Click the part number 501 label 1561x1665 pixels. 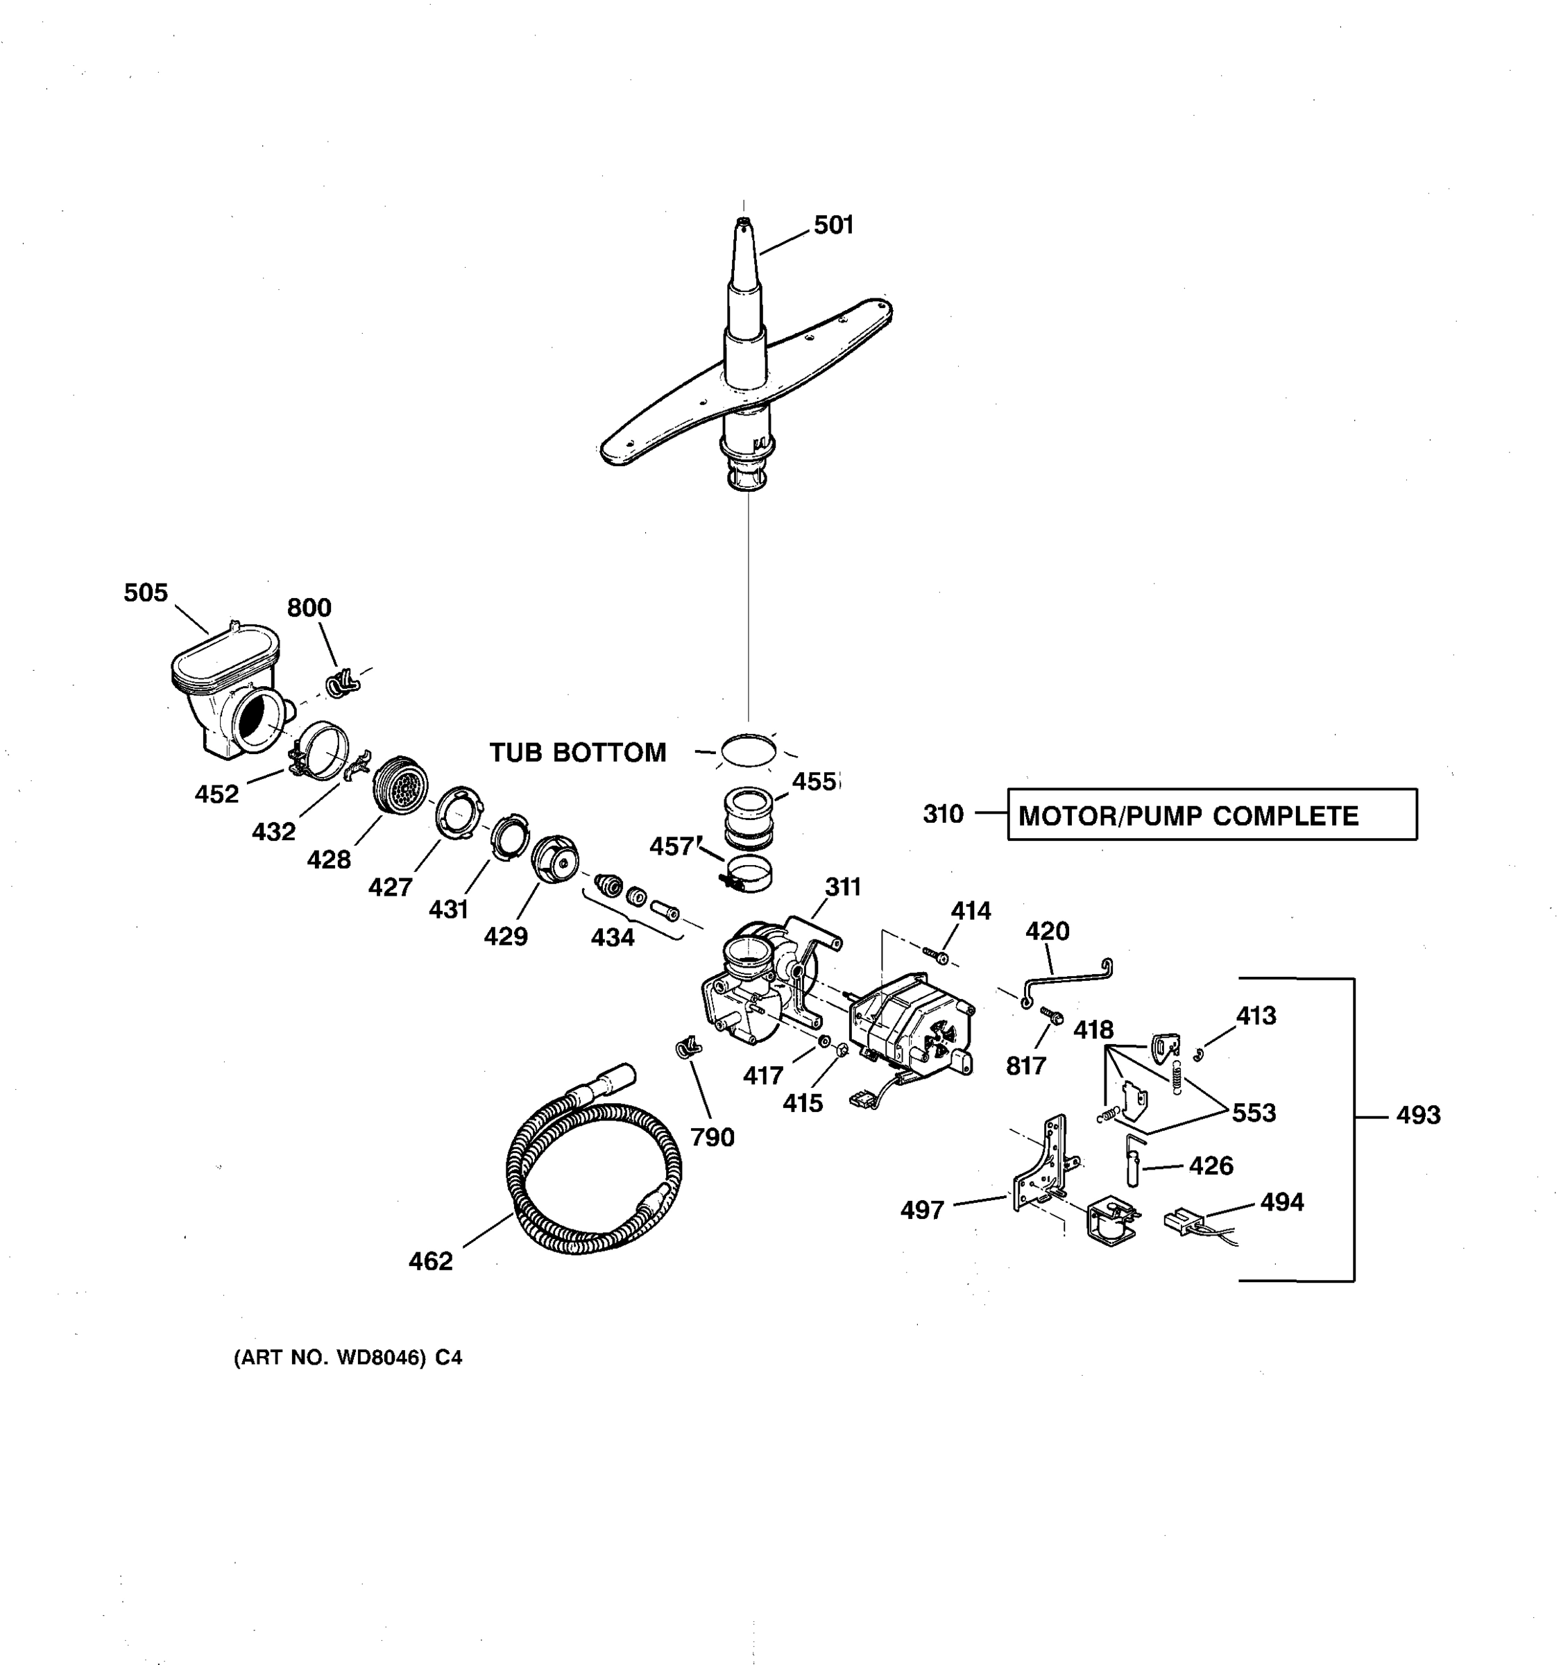(x=833, y=225)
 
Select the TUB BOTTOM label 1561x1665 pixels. (x=578, y=753)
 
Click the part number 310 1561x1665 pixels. (x=943, y=814)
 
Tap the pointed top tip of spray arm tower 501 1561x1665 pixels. (x=742, y=223)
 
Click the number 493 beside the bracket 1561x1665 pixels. (x=1418, y=1115)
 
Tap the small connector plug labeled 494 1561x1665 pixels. (x=1181, y=1220)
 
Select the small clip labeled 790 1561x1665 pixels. (x=688, y=1047)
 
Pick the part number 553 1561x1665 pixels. (x=1254, y=1113)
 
